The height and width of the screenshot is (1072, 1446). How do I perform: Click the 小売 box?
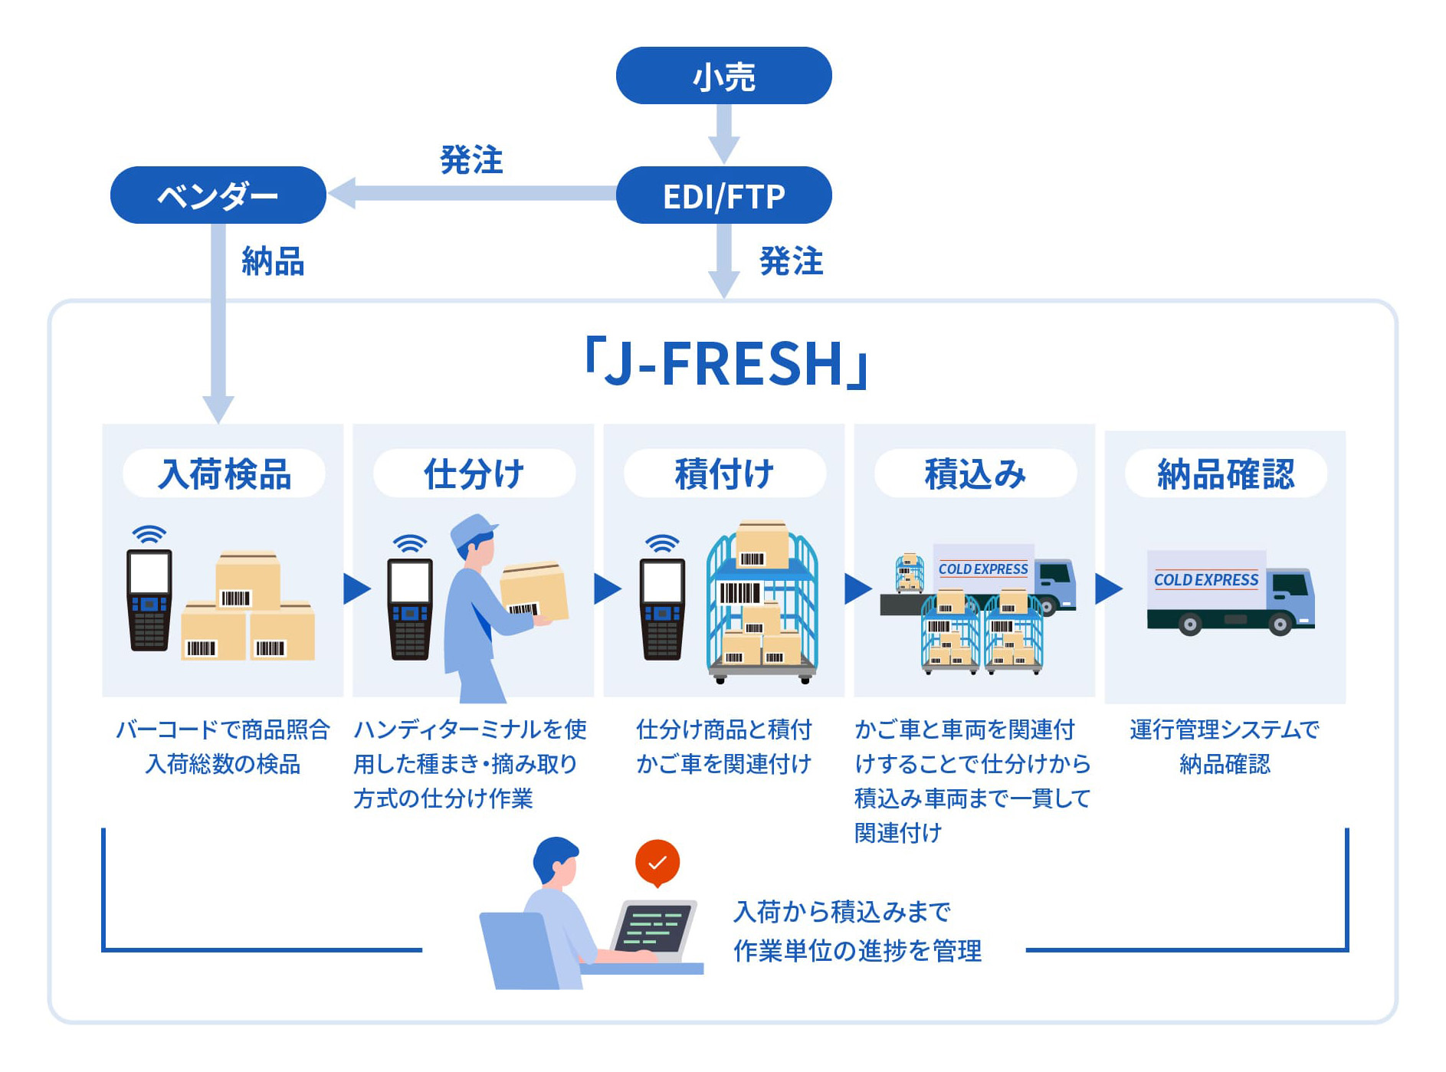click(x=723, y=75)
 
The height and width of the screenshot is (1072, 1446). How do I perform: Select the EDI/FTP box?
click(x=723, y=195)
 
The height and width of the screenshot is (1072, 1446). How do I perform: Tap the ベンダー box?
click(x=218, y=195)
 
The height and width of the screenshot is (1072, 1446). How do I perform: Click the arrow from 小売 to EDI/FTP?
click(x=723, y=133)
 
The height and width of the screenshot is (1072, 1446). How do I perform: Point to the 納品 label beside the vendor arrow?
click(x=273, y=261)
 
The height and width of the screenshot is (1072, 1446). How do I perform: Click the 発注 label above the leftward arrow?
click(x=471, y=159)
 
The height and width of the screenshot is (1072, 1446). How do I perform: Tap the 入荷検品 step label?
click(x=225, y=474)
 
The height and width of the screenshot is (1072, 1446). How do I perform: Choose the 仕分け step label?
click(x=474, y=474)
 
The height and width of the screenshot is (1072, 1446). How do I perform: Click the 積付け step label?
click(x=725, y=474)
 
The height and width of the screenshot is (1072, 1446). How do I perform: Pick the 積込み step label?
click(x=975, y=474)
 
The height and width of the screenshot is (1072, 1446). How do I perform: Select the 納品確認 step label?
click(x=1226, y=474)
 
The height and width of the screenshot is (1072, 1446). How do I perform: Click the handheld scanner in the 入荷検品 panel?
click(x=149, y=600)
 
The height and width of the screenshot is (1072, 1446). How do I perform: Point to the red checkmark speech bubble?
click(x=657, y=864)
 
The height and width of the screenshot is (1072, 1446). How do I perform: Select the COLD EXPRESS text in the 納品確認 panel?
click(x=1206, y=580)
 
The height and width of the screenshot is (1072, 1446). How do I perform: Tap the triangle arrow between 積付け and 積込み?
click(x=858, y=588)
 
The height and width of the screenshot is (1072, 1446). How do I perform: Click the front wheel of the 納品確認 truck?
click(x=1280, y=625)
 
